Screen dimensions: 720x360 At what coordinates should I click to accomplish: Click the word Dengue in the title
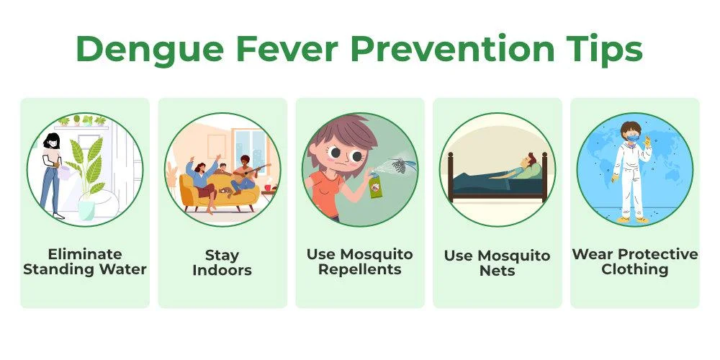[150, 50]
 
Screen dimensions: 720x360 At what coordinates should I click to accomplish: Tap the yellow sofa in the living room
[219, 193]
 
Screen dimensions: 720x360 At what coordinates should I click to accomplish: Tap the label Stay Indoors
[222, 262]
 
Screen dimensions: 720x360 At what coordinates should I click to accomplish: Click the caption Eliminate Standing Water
[85, 262]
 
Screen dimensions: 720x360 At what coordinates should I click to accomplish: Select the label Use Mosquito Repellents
[360, 262]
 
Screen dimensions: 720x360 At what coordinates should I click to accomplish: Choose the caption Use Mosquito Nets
[498, 263]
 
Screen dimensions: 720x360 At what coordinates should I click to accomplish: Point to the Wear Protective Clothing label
[635, 262]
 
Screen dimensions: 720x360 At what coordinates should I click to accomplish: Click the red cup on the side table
[268, 188]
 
